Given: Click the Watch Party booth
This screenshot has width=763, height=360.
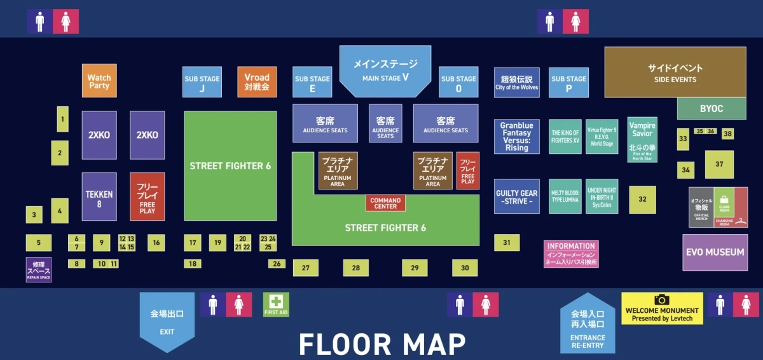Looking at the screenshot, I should pos(99,81).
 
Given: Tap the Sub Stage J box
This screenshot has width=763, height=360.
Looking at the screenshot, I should pos(202,83).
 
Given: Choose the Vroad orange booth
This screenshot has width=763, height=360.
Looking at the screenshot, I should pos(257,82).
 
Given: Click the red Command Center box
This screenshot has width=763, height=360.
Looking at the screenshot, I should pos(385,204).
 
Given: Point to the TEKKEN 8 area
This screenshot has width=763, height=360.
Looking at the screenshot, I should pos(99,196).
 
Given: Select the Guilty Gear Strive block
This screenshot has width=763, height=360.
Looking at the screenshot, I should pos(516,197).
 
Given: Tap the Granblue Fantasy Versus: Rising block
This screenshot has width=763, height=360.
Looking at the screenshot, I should pos(516,136).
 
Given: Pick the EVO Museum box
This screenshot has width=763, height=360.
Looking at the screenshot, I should pos(715,252).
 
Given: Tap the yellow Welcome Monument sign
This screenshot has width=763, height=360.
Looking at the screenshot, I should pos(662,308).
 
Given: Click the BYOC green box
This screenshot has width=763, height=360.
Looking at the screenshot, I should pos(711,109).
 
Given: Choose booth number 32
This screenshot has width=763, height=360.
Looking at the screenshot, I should pos(642,199).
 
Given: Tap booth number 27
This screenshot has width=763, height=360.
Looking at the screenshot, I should pos(305,268).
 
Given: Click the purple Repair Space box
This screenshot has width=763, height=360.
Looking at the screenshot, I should pos(38,270).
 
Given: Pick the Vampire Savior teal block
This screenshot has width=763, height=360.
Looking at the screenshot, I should pos(642,139).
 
